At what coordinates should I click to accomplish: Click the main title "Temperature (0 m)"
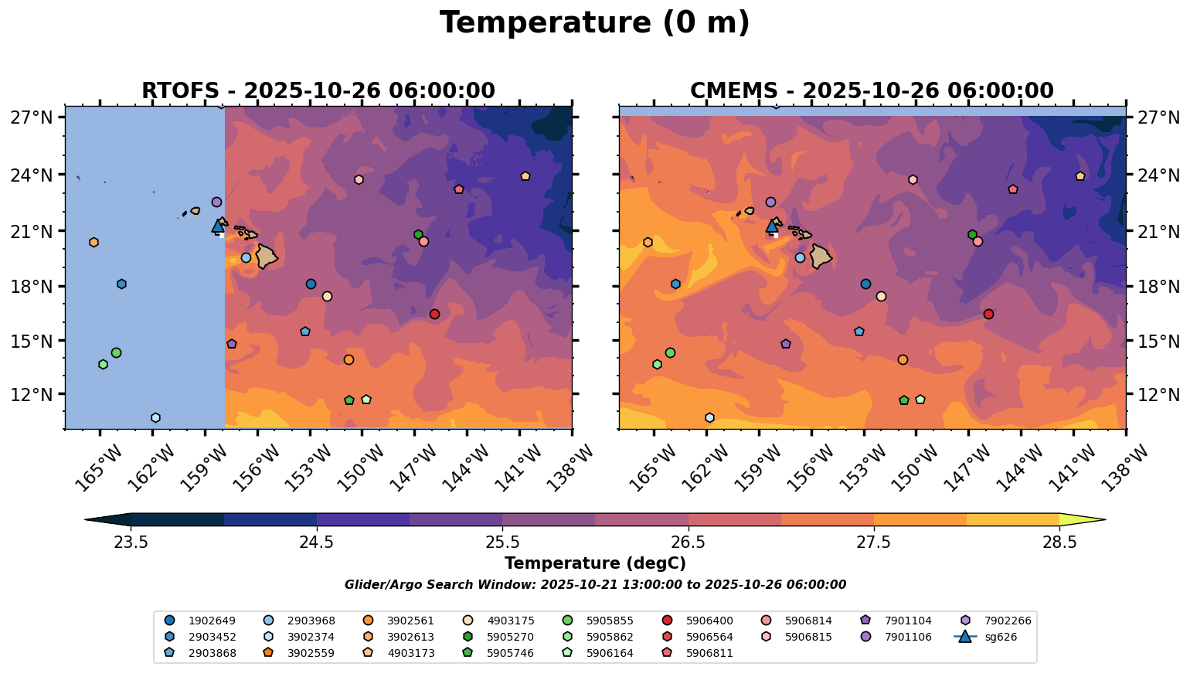(594, 23)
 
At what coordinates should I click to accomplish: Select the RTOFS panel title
(318, 91)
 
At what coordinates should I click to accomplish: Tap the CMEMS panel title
(872, 91)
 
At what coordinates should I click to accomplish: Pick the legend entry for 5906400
(699, 621)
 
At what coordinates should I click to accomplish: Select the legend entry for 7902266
(997, 621)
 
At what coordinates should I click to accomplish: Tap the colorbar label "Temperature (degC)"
(594, 563)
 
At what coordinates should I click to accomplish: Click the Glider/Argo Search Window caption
(594, 585)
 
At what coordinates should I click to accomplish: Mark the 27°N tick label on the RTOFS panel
(32, 117)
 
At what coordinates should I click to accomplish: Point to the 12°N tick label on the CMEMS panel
(1158, 394)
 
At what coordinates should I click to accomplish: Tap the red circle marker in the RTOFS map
(434, 314)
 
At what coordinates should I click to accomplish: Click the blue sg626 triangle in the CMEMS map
(771, 226)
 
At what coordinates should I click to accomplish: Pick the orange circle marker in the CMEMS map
(903, 359)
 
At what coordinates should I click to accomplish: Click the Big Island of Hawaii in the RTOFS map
(267, 256)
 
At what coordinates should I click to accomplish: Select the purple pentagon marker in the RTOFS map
(232, 344)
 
